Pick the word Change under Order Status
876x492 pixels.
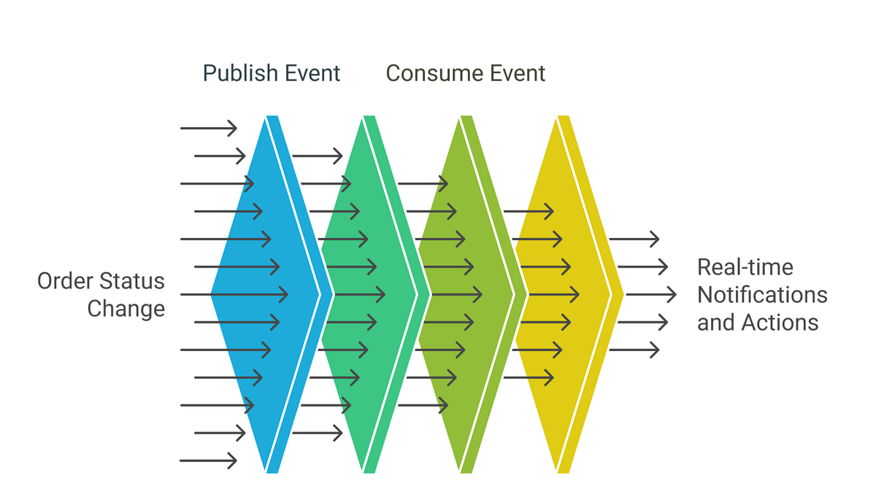click(126, 309)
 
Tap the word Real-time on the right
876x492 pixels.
click(745, 267)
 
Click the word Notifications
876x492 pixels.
click(762, 295)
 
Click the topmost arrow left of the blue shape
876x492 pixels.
click(209, 128)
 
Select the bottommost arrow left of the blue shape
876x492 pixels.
click(209, 460)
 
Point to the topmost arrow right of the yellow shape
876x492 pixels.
click(634, 239)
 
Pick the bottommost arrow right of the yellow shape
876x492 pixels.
click(634, 350)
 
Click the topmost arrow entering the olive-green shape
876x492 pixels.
click(423, 183)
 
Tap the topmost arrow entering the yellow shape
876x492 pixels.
click(528, 212)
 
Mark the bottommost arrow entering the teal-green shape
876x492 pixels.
click(317, 433)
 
